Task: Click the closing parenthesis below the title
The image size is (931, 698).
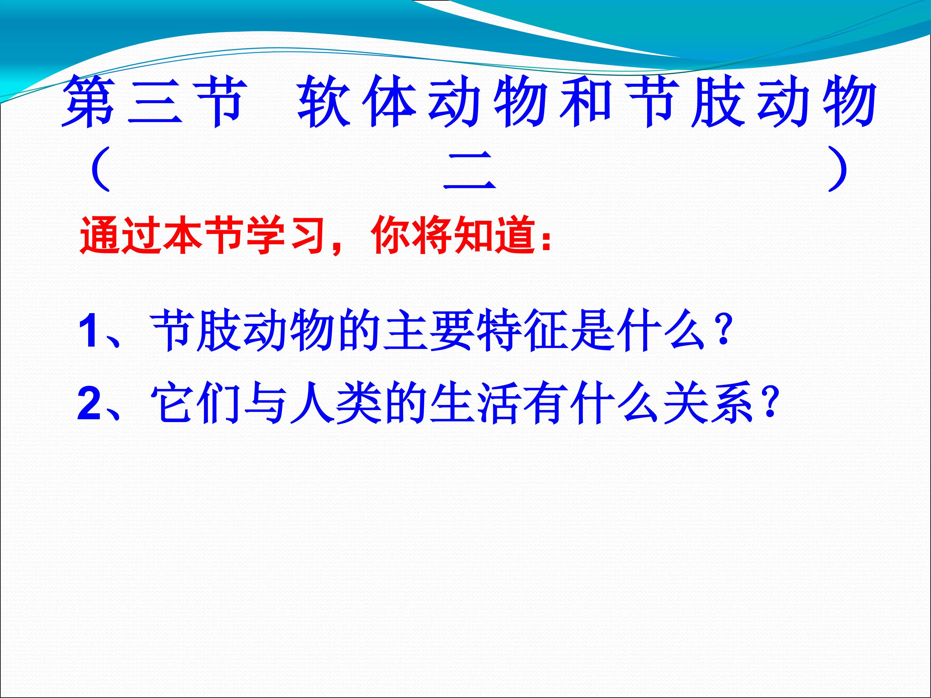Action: (x=837, y=169)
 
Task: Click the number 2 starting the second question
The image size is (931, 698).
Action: (x=89, y=404)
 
